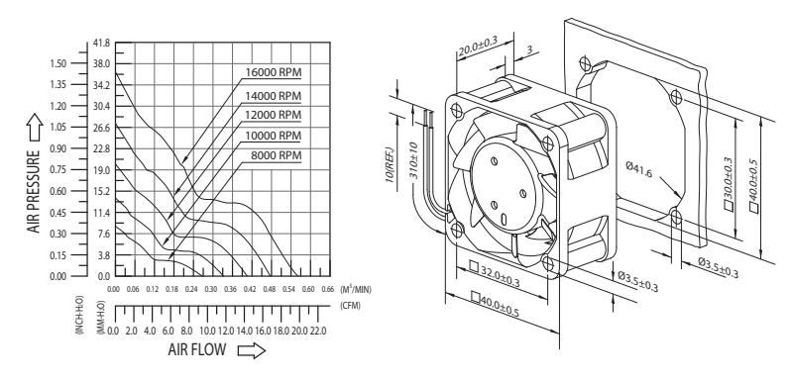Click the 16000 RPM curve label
273,72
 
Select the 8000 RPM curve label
277,155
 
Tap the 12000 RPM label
273,115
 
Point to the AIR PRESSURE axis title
34,191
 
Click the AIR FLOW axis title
197,349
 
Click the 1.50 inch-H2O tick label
57,63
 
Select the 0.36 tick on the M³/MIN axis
231,289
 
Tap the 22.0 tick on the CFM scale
318,331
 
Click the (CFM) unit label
351,306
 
